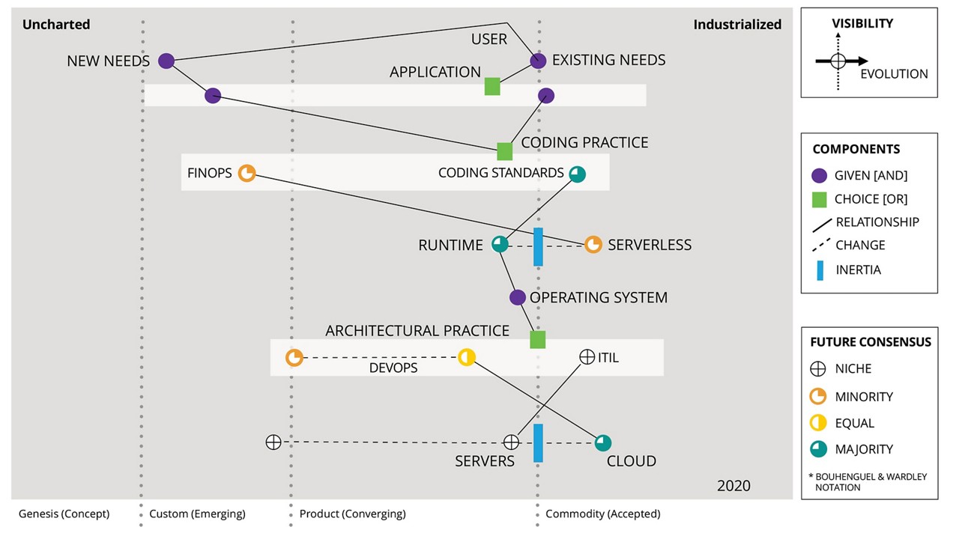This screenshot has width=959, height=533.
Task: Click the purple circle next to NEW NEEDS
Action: click(x=166, y=61)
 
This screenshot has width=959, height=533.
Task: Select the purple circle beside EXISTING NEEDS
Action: click(x=538, y=61)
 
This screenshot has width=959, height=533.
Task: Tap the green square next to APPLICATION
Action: click(x=492, y=86)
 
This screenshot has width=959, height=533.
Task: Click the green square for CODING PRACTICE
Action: click(x=505, y=151)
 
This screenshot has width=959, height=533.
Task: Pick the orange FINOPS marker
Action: click(x=246, y=173)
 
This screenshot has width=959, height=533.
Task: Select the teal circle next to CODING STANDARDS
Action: click(x=577, y=174)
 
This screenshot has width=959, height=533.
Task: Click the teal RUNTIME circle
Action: click(x=499, y=244)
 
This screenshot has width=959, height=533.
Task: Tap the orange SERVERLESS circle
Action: click(x=593, y=245)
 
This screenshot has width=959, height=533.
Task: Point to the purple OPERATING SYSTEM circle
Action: click(x=518, y=297)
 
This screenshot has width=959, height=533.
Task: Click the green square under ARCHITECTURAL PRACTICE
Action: click(x=538, y=340)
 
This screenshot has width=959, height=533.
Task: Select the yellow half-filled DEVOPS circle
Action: click(x=467, y=357)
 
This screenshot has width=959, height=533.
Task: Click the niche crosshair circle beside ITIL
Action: click(x=587, y=357)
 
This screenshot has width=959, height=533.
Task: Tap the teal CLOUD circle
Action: click(x=603, y=442)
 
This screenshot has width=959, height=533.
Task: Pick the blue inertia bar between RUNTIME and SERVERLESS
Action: click(x=538, y=246)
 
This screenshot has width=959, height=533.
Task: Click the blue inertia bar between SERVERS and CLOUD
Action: click(x=538, y=442)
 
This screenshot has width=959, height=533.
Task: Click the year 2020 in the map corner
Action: click(x=733, y=485)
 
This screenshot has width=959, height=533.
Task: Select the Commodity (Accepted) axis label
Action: click(x=602, y=514)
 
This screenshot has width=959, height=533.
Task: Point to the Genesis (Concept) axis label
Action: click(x=64, y=514)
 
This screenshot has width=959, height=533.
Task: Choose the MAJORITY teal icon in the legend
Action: click(x=819, y=449)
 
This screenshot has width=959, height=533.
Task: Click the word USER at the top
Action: click(x=489, y=39)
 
